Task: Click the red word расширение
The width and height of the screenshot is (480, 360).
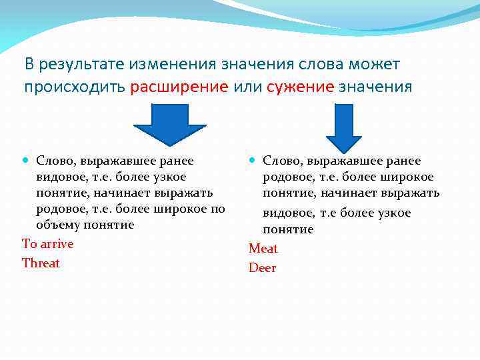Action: coord(179,87)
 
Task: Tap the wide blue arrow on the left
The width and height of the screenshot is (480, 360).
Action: coord(170,124)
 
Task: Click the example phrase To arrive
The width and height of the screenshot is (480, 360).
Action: coord(48,244)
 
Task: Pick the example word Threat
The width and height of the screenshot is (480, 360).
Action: coord(41,263)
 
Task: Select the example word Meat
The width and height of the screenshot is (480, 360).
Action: coord(263,249)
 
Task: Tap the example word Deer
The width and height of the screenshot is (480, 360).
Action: coord(263,268)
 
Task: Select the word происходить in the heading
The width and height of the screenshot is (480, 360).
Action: coord(75,87)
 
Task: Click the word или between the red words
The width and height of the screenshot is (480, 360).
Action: coord(247,87)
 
